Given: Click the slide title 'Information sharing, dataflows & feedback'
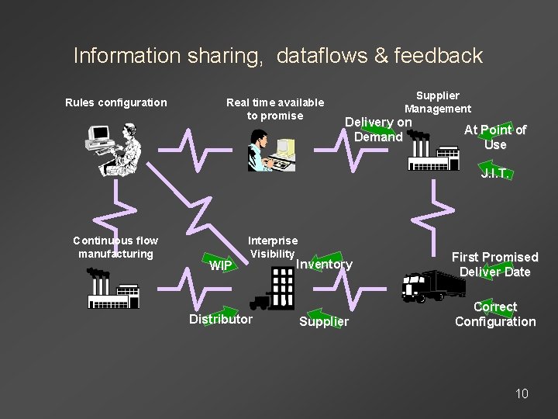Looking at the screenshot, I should pyautogui.click(x=277, y=56).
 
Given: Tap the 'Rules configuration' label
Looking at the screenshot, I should pyautogui.click(x=115, y=102).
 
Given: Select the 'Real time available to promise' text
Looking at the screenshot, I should pyautogui.click(x=274, y=109).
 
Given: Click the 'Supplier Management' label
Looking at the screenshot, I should pyautogui.click(x=437, y=102).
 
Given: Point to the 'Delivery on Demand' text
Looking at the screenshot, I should pyautogui.click(x=378, y=130).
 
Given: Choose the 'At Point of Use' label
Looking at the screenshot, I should pyautogui.click(x=494, y=137).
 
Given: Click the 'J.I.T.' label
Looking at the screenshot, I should pyautogui.click(x=494, y=174).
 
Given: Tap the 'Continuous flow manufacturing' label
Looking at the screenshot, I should pyautogui.click(x=115, y=247).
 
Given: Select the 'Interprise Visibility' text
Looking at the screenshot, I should pyautogui.click(x=272, y=248).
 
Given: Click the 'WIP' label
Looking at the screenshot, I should pyautogui.click(x=221, y=266).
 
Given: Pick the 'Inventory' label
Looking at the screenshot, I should pyautogui.click(x=324, y=264).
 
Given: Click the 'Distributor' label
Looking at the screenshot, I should pyautogui.click(x=221, y=319).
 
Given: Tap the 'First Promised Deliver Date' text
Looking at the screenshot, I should pyautogui.click(x=494, y=265).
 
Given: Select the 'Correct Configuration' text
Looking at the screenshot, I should pyautogui.click(x=494, y=314).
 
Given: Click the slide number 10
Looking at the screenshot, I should pyautogui.click(x=522, y=393).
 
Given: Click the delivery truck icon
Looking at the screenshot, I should pyautogui.click(x=432, y=286).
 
